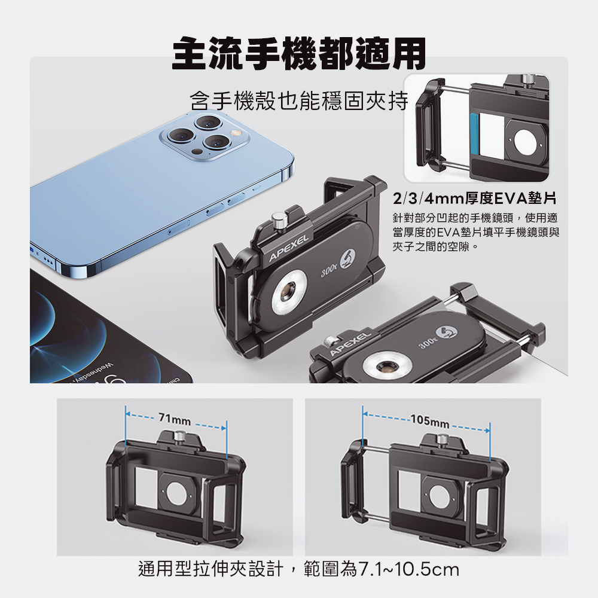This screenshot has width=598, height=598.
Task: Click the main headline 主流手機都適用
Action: tap(299, 54)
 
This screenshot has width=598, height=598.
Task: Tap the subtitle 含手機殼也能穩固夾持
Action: tap(299, 100)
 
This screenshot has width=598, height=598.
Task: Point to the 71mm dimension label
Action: tap(175, 420)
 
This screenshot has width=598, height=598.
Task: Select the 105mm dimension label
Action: tap(430, 421)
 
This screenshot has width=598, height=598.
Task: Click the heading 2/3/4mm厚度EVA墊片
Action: tap(475, 199)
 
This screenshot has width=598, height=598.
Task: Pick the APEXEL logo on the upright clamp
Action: tap(288, 249)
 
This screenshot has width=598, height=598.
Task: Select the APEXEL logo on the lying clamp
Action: tap(350, 344)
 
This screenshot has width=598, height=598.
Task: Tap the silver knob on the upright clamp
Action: tap(277, 221)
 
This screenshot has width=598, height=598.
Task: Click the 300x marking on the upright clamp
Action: tap(329, 271)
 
